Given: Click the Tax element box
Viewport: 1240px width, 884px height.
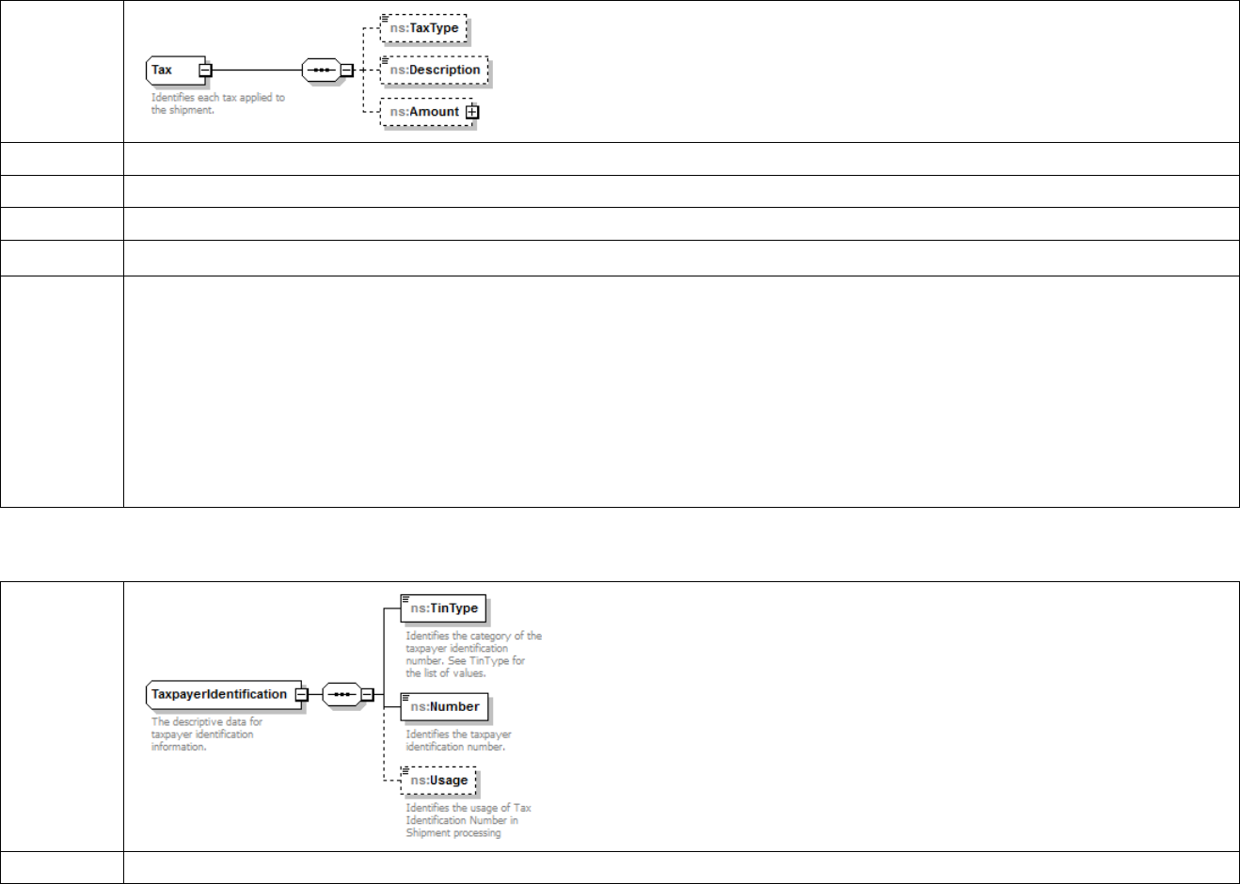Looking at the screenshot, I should tap(172, 70).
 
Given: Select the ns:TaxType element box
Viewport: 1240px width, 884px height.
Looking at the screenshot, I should tap(424, 28).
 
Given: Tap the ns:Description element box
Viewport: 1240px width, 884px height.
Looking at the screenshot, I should tap(435, 70).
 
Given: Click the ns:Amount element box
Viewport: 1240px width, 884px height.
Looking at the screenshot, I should tap(424, 112).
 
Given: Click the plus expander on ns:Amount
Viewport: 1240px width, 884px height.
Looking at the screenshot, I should tap(472, 112).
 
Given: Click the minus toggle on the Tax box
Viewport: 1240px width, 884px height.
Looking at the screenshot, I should tap(205, 70).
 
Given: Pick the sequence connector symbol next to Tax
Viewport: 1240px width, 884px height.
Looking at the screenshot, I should tap(321, 70).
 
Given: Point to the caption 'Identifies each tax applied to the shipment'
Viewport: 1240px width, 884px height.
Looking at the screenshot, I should tap(217, 103).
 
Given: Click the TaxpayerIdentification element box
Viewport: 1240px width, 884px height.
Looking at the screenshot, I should tap(219, 694).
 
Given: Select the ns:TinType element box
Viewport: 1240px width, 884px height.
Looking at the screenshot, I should tap(444, 608).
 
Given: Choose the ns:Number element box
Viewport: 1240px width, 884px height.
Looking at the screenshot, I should tap(444, 706).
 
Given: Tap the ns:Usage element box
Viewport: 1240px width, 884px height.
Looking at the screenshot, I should tap(438, 780).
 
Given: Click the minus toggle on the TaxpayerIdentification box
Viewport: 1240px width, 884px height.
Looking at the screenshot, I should tap(301, 694).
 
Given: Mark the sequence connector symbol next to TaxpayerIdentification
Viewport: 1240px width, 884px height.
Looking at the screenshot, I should tap(342, 695).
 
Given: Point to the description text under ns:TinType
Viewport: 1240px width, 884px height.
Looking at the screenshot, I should tap(473, 654).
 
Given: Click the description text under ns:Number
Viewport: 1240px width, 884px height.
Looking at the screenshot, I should tap(458, 740).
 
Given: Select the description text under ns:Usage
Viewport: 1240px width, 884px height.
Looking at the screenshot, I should tap(468, 820).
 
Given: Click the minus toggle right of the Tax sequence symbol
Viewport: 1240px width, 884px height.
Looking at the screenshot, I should tap(346, 70).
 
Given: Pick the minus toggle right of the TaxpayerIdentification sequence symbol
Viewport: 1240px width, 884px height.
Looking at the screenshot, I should tap(368, 695).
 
